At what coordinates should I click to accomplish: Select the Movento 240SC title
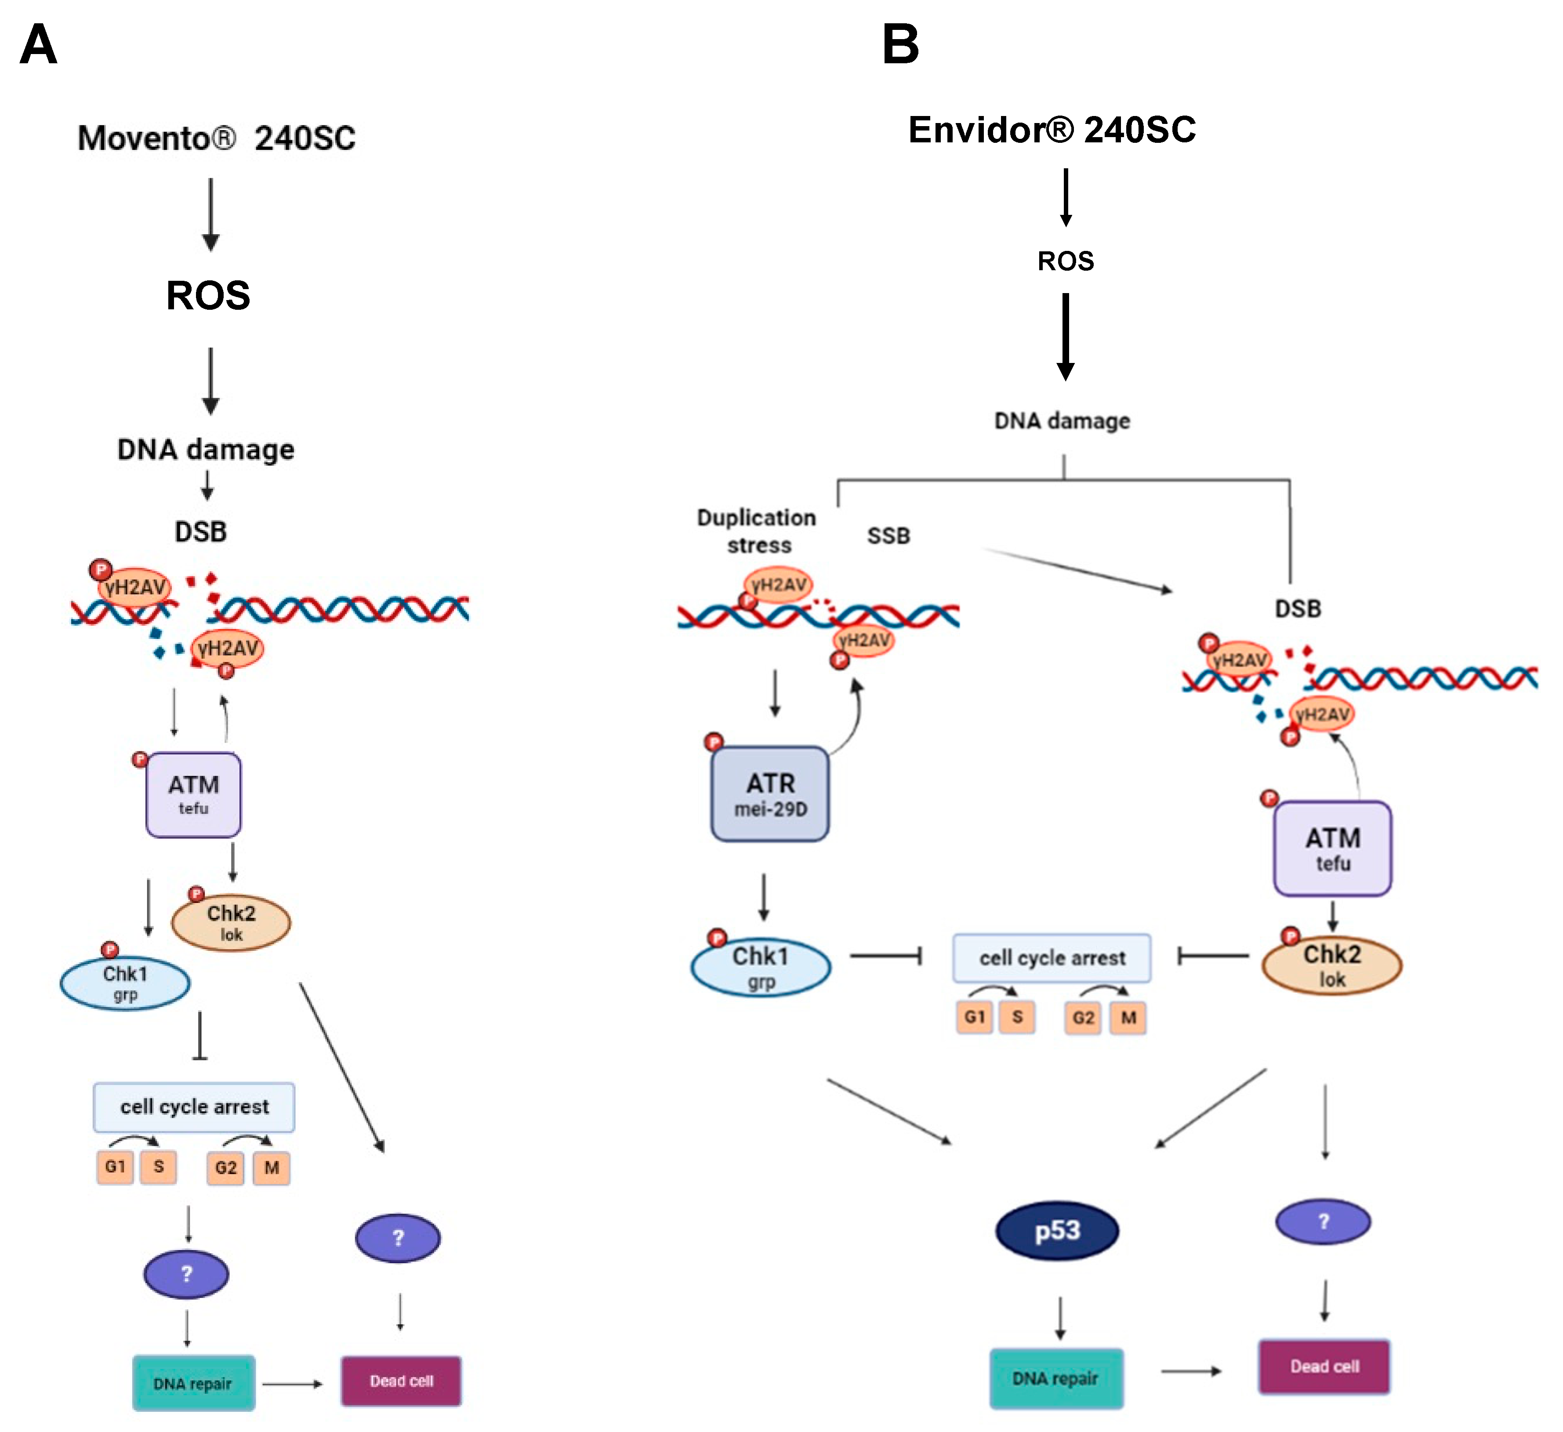[x=216, y=138]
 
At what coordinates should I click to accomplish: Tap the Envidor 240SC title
[x=1052, y=130]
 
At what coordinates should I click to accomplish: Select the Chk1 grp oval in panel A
[x=125, y=983]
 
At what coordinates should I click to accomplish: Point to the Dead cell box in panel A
[x=401, y=1381]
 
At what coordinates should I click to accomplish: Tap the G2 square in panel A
[x=225, y=1167]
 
